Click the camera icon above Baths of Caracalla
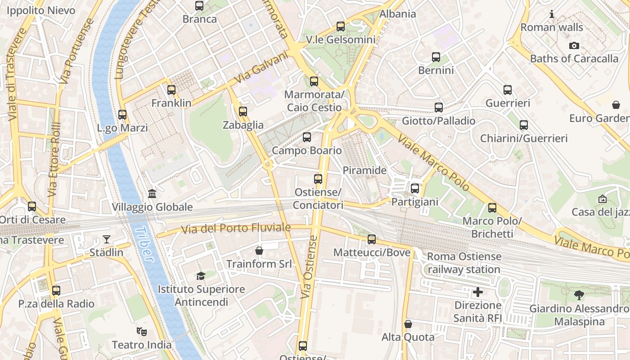point(574,45)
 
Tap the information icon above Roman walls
point(552,14)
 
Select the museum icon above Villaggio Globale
point(152,194)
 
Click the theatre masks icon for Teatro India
point(141,332)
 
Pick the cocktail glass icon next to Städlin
point(106,239)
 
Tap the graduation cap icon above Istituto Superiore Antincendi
point(201,276)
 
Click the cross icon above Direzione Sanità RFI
point(477,292)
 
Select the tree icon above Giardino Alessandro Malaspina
point(579,295)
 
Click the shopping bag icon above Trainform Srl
point(259,250)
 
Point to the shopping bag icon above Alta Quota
point(408,324)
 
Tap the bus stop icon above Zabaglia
point(243,111)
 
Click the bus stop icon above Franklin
point(171,90)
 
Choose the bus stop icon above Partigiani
point(414,189)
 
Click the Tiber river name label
point(144,244)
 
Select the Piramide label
point(364,171)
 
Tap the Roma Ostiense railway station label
point(463,263)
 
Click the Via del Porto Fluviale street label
point(236,229)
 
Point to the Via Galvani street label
point(261,67)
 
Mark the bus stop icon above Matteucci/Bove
point(371,239)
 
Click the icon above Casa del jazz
point(602,198)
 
